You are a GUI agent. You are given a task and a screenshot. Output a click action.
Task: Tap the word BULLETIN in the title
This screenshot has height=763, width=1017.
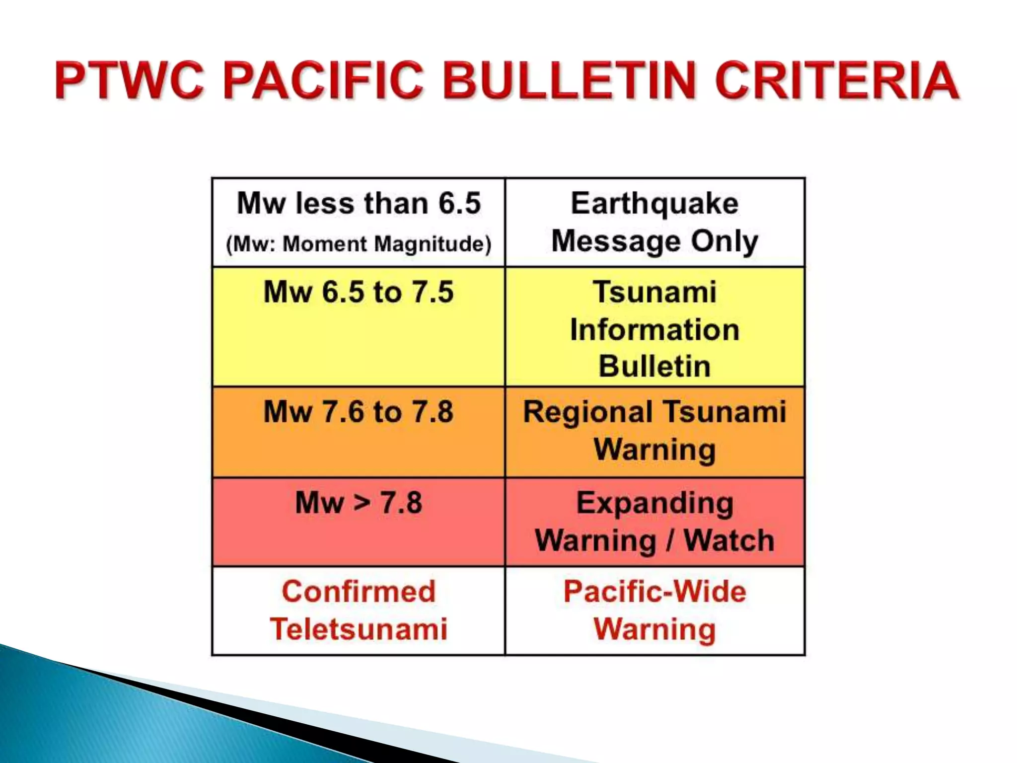pyautogui.click(x=570, y=80)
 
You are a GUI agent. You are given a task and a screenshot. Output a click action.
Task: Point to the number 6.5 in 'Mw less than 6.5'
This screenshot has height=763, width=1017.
pyautogui.click(x=460, y=203)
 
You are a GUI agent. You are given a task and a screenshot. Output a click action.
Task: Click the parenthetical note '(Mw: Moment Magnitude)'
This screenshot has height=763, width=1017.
pyautogui.click(x=359, y=244)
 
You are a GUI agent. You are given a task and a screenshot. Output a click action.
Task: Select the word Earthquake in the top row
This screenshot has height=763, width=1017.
pyautogui.click(x=654, y=203)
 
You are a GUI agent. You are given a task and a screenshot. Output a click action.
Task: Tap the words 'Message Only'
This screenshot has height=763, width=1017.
pyautogui.click(x=654, y=241)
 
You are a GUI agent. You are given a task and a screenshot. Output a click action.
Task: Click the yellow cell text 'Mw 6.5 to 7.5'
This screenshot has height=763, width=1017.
pyautogui.click(x=359, y=292)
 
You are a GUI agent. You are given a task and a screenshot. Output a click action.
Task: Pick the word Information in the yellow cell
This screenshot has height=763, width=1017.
pyautogui.click(x=654, y=330)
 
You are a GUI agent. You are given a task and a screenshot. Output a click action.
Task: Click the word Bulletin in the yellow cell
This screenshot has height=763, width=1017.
pyautogui.click(x=654, y=367)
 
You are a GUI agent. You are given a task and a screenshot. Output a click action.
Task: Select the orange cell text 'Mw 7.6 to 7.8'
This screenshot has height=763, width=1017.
pyautogui.click(x=359, y=412)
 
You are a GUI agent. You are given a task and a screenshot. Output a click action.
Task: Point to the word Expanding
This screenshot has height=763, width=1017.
pyautogui.click(x=654, y=503)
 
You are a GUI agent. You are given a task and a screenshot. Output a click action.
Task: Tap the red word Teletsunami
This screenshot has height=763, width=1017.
pyautogui.click(x=359, y=629)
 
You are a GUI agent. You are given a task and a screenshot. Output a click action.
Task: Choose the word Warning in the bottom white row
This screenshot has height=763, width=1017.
pyautogui.click(x=654, y=629)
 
